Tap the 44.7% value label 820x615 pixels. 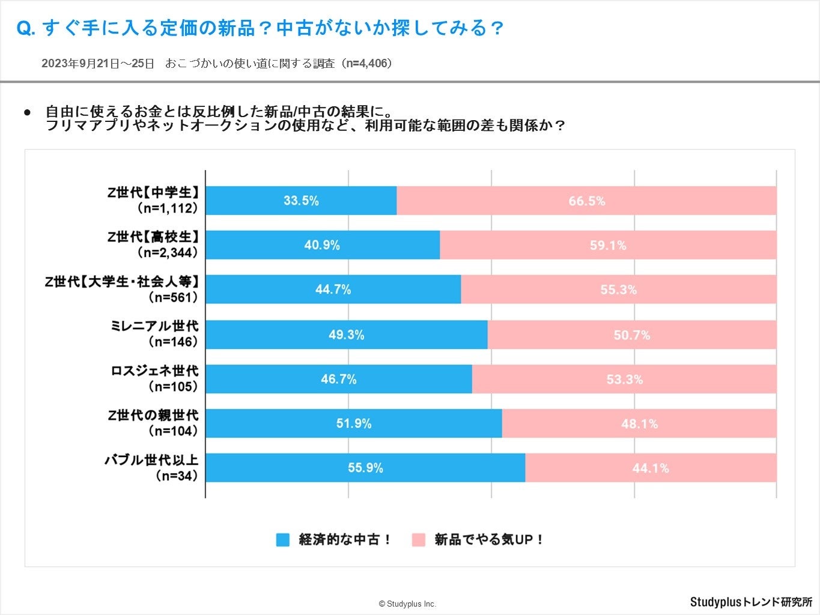click(x=333, y=289)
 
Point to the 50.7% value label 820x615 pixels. click(x=631, y=335)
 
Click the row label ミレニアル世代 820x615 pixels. click(x=154, y=326)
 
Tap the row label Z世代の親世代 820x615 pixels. click(x=153, y=415)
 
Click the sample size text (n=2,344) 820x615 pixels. click(x=168, y=253)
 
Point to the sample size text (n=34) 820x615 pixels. click(x=177, y=476)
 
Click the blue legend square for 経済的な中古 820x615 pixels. click(x=282, y=539)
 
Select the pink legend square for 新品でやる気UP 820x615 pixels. click(x=418, y=539)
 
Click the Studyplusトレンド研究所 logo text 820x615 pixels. click(x=751, y=602)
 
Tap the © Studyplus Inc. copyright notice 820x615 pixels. click(x=407, y=604)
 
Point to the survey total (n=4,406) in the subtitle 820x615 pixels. click(x=367, y=63)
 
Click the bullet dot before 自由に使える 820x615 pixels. click(x=27, y=112)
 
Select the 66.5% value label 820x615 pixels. click(x=586, y=201)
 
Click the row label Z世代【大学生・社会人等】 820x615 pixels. click(x=122, y=281)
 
